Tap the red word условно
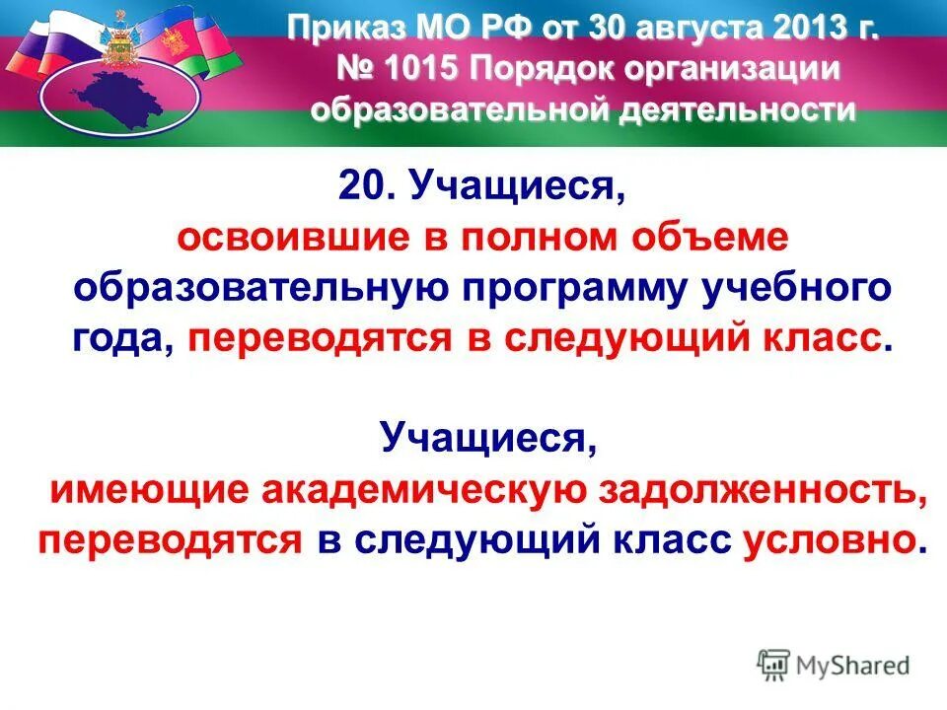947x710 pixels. click(835, 539)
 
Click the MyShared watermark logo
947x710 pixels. click(833, 664)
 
